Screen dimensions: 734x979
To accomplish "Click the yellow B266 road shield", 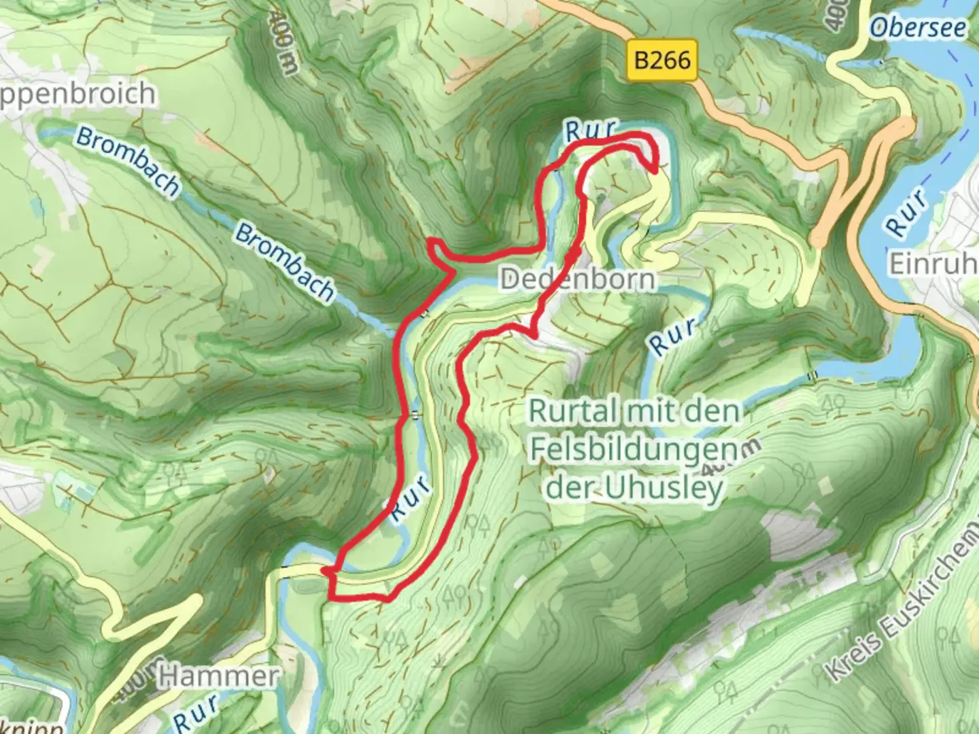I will (662, 60).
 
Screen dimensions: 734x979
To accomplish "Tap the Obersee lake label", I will (917, 28).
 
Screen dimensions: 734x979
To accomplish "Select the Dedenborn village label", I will (578, 279).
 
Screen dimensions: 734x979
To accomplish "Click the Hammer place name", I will (219, 676).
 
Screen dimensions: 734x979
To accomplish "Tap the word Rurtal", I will (573, 411).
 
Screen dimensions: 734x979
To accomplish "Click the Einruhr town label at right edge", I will (933, 264).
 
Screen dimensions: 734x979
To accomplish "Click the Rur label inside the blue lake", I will (908, 213).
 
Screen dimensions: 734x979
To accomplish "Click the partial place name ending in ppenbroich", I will (76, 94).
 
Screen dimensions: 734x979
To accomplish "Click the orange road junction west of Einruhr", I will (819, 238).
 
